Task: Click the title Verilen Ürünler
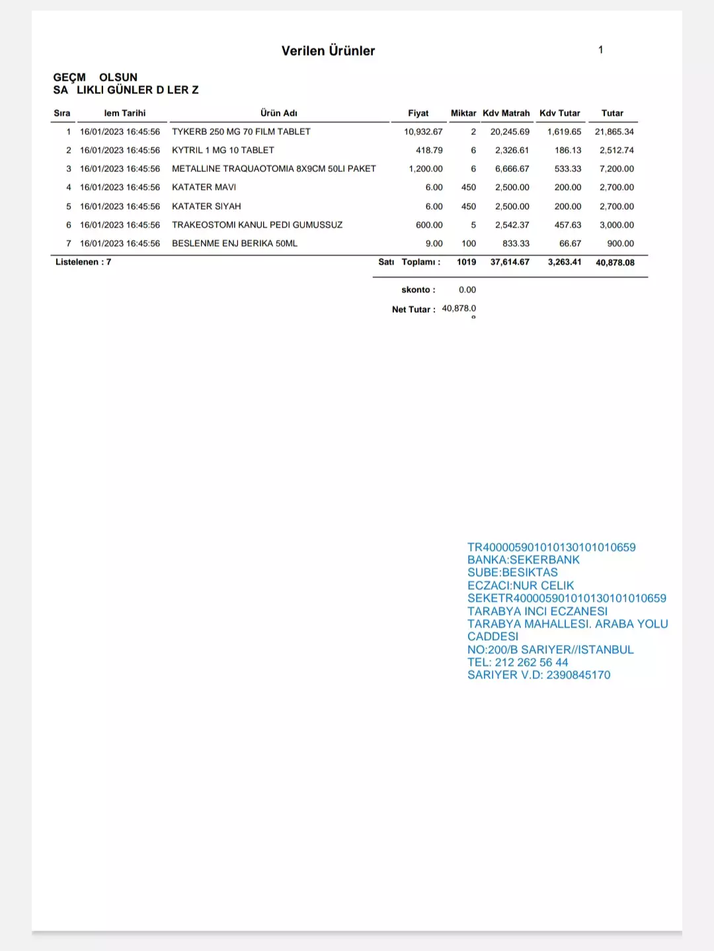click(328, 51)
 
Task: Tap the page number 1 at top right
click(600, 50)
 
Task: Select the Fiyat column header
click(418, 113)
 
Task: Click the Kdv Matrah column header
click(506, 113)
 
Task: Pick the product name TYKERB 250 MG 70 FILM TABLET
click(241, 132)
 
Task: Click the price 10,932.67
click(423, 132)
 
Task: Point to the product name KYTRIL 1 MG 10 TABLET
click(223, 150)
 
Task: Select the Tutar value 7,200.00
click(616, 169)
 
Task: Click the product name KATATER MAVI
click(204, 187)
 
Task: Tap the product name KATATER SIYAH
click(206, 206)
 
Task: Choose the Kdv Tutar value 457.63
click(567, 225)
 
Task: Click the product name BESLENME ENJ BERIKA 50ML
click(235, 243)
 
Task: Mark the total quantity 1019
click(466, 262)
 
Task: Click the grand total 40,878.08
click(615, 263)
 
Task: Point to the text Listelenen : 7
click(83, 262)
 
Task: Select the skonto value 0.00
click(467, 290)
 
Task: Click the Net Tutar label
click(413, 310)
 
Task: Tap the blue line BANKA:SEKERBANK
click(523, 559)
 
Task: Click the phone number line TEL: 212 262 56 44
click(518, 662)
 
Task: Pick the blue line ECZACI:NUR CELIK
click(520, 585)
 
